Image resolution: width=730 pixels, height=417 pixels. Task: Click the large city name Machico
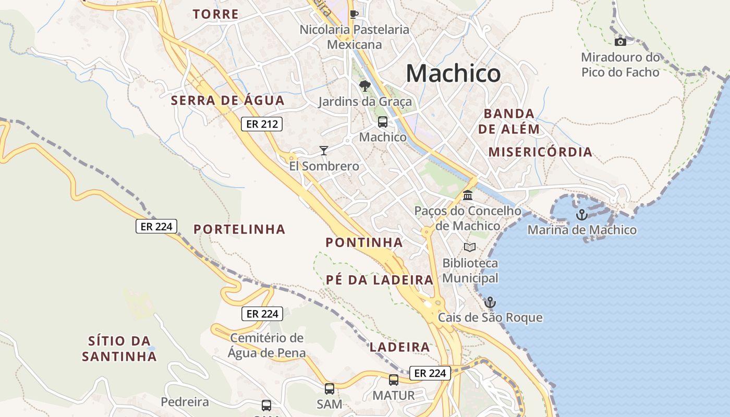click(x=453, y=73)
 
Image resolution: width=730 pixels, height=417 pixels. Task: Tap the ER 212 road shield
click(x=262, y=124)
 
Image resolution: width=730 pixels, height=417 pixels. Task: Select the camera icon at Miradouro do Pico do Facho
click(x=620, y=42)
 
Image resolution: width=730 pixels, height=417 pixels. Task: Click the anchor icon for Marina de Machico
click(x=581, y=214)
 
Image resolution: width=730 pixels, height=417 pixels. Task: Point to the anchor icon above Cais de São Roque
click(x=490, y=302)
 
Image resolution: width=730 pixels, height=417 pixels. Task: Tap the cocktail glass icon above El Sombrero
click(x=324, y=151)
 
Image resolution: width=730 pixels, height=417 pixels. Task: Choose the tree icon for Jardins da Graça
click(x=365, y=86)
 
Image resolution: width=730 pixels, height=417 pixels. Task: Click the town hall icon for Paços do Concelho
click(x=468, y=195)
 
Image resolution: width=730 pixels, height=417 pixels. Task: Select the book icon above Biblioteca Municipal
click(x=470, y=247)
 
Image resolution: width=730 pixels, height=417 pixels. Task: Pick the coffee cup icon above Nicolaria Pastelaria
click(x=354, y=14)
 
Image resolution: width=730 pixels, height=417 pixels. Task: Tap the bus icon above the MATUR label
click(x=394, y=379)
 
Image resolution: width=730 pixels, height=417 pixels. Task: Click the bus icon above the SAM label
click(x=330, y=388)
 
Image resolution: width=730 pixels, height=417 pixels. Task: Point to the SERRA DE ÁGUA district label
click(x=228, y=101)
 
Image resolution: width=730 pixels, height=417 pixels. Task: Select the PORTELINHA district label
click(x=239, y=229)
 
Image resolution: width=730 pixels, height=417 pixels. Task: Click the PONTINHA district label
click(x=364, y=242)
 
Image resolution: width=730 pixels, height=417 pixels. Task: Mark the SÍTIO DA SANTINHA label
click(x=119, y=349)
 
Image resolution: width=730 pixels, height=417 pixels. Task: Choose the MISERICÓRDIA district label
click(x=540, y=152)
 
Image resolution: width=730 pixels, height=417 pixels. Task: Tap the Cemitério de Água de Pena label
click(x=267, y=345)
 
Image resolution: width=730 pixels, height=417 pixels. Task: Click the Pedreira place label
click(x=185, y=402)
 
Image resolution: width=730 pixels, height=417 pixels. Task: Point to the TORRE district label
click(x=215, y=14)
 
